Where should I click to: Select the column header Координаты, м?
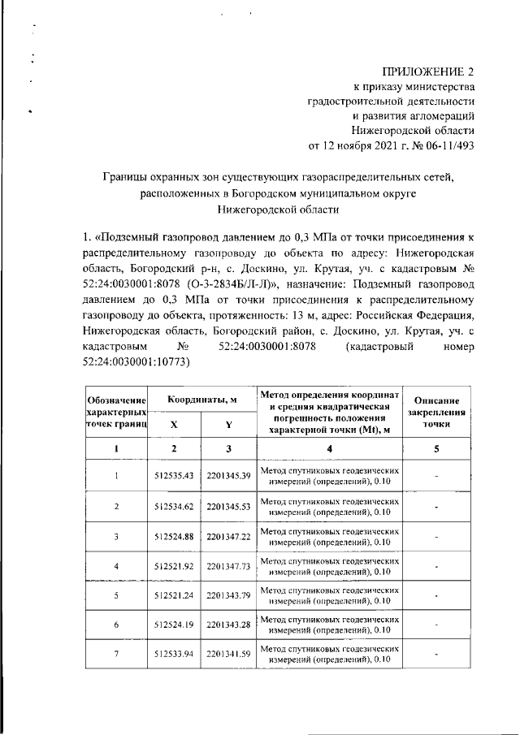(201, 400)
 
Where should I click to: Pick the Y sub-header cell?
(228, 425)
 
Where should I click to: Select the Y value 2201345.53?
(228, 506)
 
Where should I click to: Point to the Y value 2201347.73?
(228, 565)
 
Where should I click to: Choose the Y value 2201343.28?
(228, 625)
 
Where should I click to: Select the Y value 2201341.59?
(228, 654)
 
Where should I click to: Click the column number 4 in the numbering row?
(329, 448)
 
